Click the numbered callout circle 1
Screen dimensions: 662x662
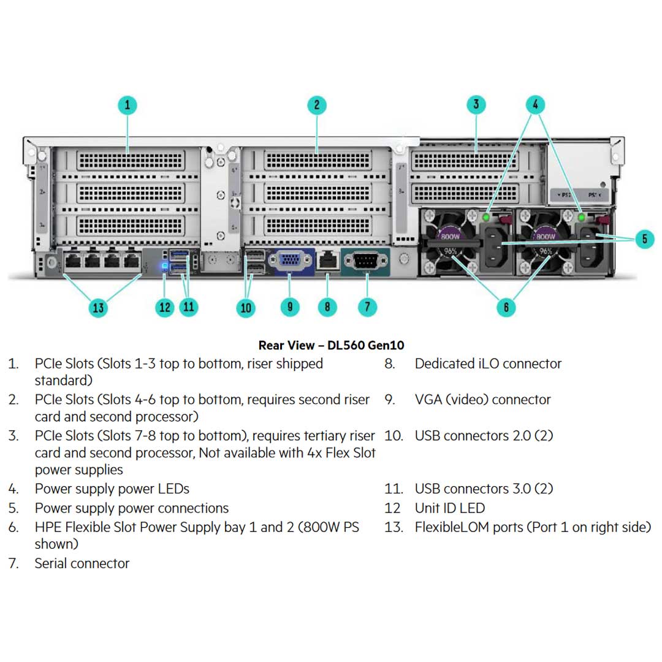(127, 104)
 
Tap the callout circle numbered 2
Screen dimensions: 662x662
(316, 104)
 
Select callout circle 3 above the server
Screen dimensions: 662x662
(476, 104)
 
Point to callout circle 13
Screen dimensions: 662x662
(98, 307)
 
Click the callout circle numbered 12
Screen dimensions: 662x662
(165, 306)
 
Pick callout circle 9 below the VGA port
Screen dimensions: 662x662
(290, 306)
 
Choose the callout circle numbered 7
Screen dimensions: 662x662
(367, 306)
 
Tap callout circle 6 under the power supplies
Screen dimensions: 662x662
(506, 306)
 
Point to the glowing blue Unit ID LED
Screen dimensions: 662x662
(164, 266)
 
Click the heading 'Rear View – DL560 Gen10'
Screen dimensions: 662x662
(331, 345)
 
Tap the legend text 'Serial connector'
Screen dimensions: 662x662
(82, 563)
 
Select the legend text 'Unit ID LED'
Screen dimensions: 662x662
(449, 508)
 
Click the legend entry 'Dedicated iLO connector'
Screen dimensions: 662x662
(488, 363)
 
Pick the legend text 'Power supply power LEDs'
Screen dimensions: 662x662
(112, 489)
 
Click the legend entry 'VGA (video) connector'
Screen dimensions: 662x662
(482, 400)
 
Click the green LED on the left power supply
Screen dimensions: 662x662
(487, 217)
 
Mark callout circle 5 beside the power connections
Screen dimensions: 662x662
(644, 238)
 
